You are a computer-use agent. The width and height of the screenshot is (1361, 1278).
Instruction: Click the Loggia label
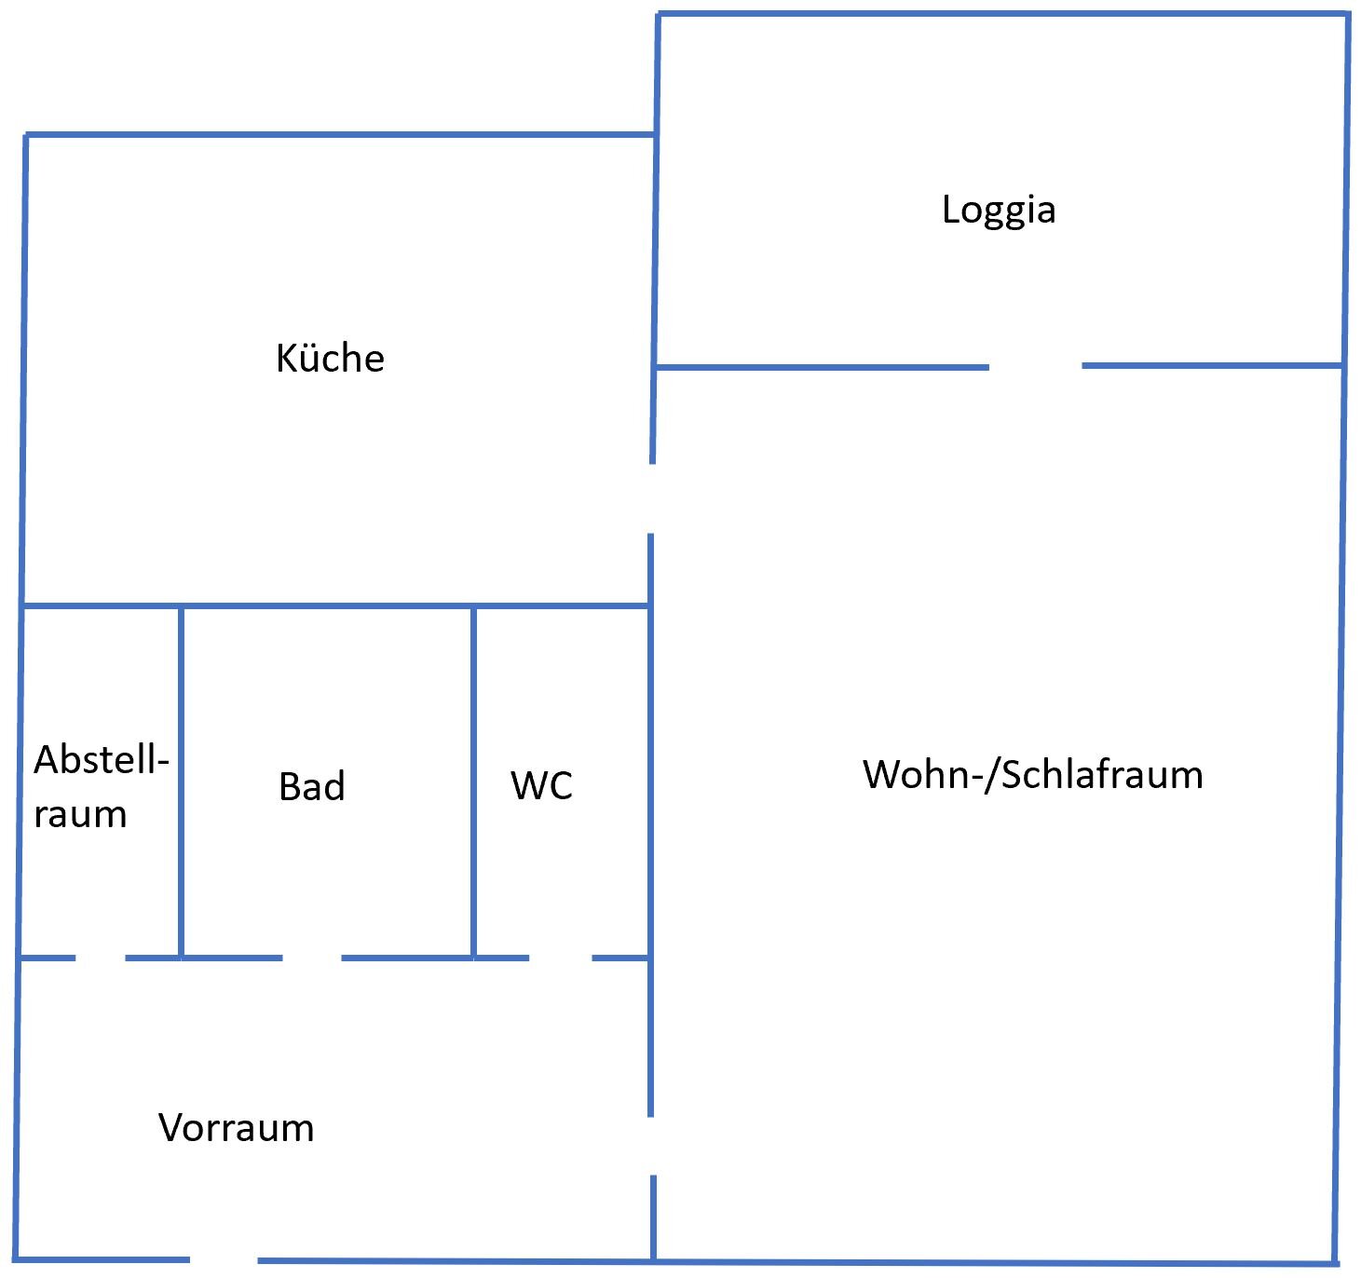click(999, 210)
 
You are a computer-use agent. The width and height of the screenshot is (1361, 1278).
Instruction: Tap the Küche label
click(330, 359)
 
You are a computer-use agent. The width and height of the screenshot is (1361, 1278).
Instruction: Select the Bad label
click(311, 786)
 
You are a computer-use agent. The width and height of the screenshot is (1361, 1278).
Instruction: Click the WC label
click(541, 785)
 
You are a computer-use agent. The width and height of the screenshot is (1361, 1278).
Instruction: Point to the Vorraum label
click(237, 1128)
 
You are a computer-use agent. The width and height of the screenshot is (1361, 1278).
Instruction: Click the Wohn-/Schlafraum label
click(1032, 775)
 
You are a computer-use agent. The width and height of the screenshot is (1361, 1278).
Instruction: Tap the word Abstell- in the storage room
click(101, 760)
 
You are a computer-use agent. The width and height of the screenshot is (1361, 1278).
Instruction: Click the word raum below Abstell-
click(80, 815)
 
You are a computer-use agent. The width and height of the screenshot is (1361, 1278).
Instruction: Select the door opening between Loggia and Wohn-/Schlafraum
click(1035, 367)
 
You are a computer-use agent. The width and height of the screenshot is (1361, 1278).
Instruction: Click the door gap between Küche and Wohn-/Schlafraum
click(651, 498)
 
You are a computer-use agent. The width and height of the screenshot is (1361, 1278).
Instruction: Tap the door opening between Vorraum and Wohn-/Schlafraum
click(652, 1146)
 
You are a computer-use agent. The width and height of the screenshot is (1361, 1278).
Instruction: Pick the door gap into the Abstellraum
click(101, 957)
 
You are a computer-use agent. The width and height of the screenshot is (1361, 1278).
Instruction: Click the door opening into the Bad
click(312, 957)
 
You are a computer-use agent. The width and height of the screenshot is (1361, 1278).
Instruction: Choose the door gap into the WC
click(561, 957)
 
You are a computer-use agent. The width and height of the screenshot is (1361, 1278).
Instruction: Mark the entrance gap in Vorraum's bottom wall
click(224, 1260)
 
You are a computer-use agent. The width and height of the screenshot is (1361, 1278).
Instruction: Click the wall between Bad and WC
click(474, 782)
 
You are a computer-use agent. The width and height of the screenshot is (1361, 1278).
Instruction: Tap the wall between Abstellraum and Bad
click(181, 782)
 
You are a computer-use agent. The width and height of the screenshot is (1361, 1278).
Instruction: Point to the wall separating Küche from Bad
click(326, 606)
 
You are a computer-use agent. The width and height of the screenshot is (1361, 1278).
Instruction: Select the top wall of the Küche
click(340, 135)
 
